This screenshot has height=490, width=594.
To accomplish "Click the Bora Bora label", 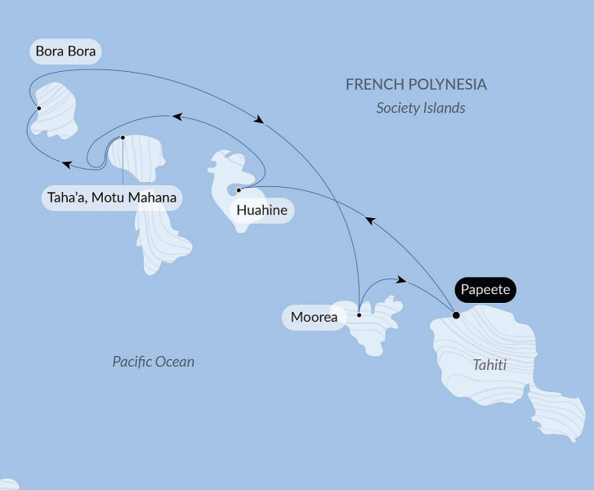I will pos(65,52).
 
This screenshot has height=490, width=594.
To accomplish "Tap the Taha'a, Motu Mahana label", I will pos(111,198).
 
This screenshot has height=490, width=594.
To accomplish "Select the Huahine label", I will pos(261,211).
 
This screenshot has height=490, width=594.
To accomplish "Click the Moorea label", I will pos(315,317).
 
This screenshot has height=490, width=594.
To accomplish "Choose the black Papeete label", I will pos(488,290).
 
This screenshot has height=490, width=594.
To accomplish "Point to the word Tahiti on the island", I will pos(489,365).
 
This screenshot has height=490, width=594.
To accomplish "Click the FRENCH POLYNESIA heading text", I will pos(416,85).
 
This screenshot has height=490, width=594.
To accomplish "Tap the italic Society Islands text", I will pos(421,108).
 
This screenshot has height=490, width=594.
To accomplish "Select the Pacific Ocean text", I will pos(154,362).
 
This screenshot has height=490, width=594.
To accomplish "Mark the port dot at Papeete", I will pos(456,314).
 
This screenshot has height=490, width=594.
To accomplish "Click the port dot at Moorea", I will pos(360,314).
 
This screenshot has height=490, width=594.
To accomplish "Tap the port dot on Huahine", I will pos(238,190).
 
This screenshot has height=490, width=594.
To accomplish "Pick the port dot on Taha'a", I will pos(123,137).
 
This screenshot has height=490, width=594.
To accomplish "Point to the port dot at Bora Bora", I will pos(38,107).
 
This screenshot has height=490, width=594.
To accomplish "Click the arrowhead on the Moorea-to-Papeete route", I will pos(400,280).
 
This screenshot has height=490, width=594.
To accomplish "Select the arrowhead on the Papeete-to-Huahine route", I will pos(369,220).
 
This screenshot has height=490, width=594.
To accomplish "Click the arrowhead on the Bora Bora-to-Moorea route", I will pos(259,120).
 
